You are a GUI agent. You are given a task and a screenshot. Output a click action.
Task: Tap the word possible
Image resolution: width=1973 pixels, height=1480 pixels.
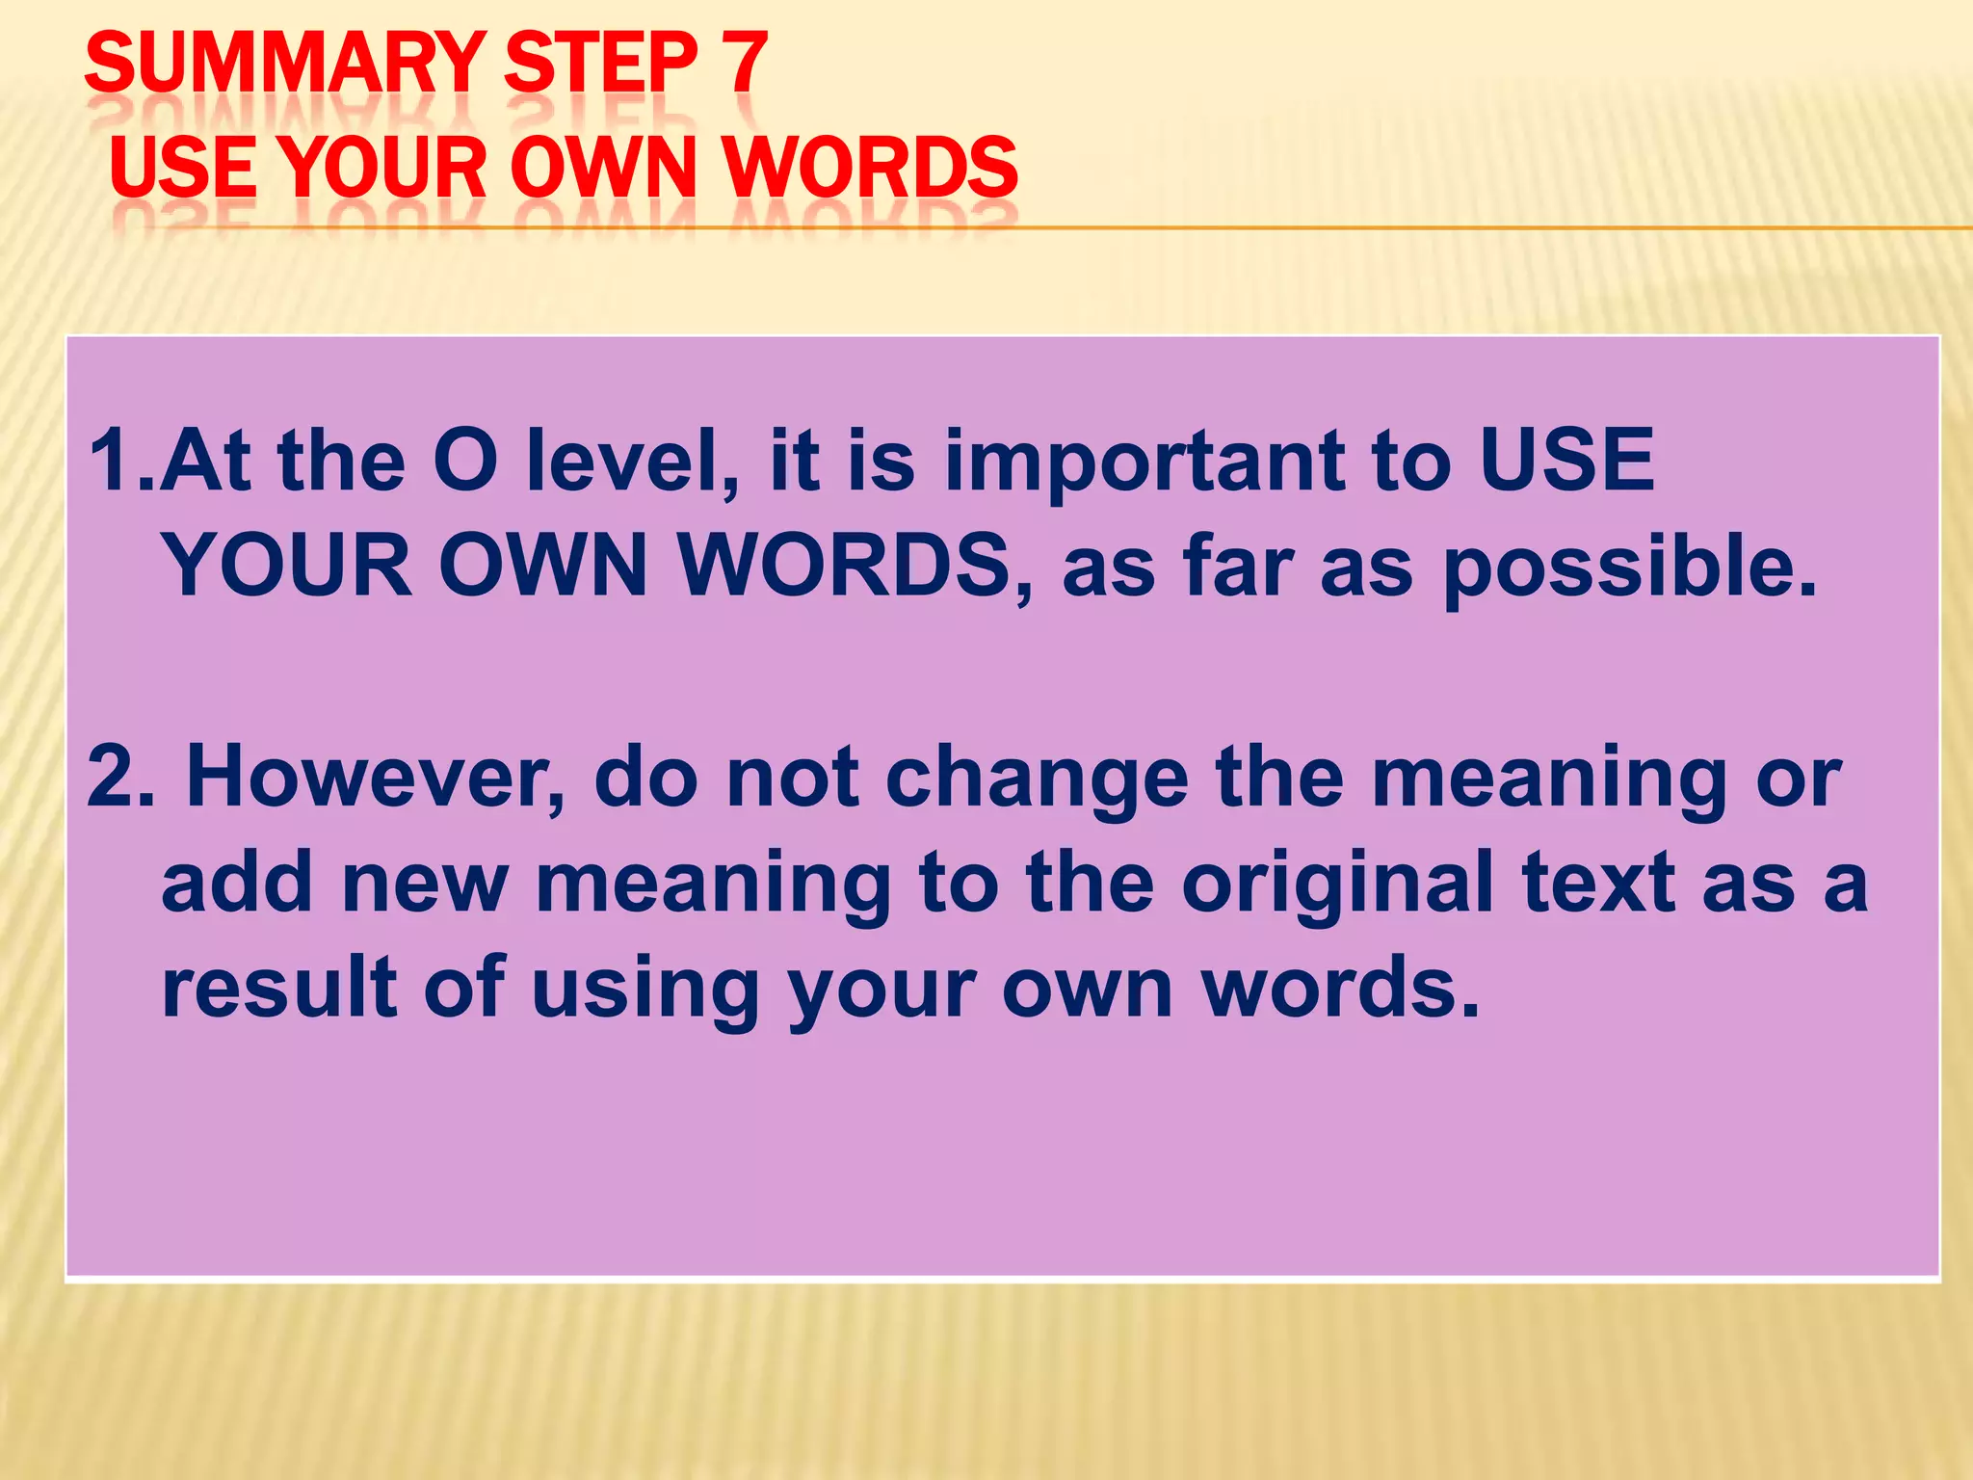point(1628,568)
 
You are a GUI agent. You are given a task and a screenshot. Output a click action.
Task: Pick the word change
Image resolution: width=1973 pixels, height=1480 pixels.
point(1037,779)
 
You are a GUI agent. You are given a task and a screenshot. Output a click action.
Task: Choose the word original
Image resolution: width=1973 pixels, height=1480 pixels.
point(1338,885)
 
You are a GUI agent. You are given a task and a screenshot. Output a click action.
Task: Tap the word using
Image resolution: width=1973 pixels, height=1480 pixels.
point(645,991)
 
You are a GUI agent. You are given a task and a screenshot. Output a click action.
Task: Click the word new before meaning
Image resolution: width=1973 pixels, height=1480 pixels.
point(425,885)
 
